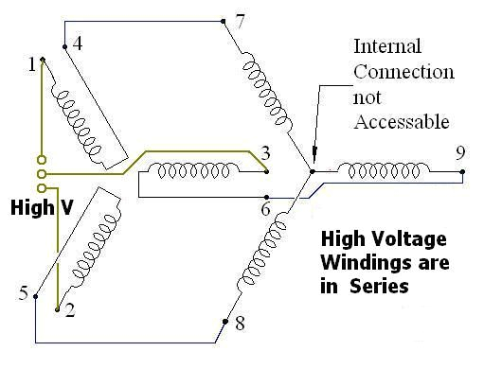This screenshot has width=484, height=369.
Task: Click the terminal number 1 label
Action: click(x=31, y=63)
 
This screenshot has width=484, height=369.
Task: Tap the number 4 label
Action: click(x=77, y=43)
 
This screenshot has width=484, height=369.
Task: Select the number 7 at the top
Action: click(x=241, y=22)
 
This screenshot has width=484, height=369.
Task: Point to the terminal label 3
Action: click(x=265, y=153)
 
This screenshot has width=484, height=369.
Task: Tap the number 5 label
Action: click(x=24, y=292)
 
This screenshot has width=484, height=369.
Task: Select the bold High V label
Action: click(x=40, y=207)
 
